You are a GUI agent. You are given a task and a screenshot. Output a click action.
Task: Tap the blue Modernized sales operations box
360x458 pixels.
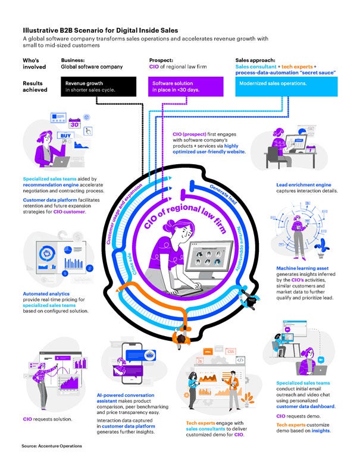point(286,86)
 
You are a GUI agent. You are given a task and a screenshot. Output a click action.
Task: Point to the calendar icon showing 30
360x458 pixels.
point(76,123)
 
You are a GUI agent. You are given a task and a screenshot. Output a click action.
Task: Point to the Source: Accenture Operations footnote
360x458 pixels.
point(52,446)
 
